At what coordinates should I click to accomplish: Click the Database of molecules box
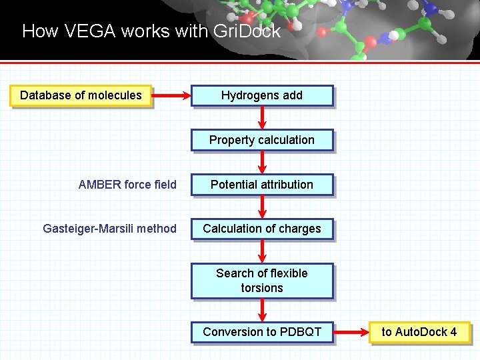[81, 95]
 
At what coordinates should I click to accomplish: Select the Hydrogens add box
[261, 95]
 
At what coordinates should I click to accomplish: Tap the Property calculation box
[261, 140]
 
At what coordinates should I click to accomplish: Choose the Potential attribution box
[261, 185]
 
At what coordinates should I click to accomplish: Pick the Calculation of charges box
[261, 229]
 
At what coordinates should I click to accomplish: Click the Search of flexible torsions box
[261, 281]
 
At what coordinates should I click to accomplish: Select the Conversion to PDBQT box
[261, 332]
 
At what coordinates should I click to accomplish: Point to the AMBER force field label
[127, 185]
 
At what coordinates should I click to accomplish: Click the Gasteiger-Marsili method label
[109, 229]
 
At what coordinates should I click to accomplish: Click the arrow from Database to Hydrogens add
[171, 96]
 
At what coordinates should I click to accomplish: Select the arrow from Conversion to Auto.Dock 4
[351, 332]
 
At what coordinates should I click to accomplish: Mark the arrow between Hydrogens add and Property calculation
[262, 117]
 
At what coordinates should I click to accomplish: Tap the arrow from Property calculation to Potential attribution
[262, 162]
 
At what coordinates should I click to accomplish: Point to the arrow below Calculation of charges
[262, 251]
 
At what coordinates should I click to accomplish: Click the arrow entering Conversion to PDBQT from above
[262, 310]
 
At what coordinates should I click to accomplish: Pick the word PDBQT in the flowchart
[300, 332]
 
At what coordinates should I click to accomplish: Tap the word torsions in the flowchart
[261, 288]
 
